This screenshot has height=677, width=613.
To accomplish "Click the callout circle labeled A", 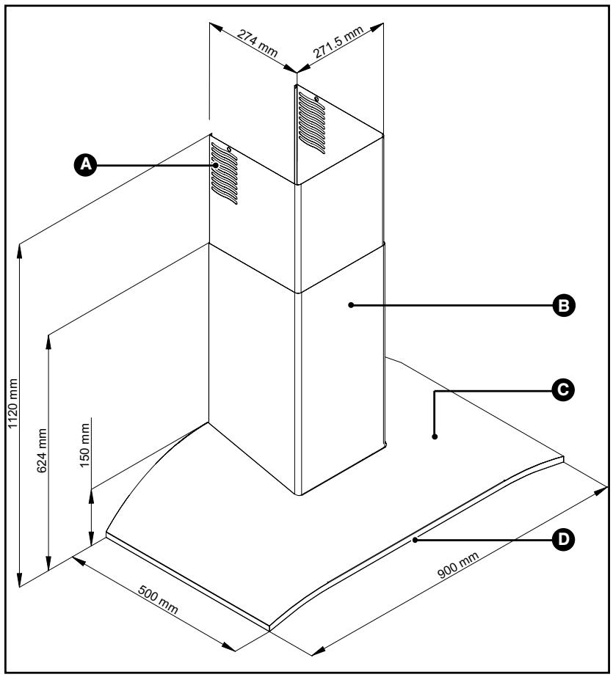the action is click(86, 164).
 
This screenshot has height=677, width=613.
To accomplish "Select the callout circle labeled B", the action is click(565, 306).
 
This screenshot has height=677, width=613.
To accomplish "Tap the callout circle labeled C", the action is click(563, 390).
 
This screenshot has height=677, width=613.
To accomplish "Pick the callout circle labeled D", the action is click(564, 539).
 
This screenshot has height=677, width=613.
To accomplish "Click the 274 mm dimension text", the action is click(258, 43).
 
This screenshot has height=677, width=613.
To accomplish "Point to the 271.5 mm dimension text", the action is click(338, 42).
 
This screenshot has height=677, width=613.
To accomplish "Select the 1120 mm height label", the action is click(13, 403).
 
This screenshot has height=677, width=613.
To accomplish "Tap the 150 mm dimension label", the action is click(84, 444).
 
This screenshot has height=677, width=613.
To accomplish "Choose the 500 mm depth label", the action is click(158, 599).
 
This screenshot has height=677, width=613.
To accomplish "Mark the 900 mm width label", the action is click(458, 565).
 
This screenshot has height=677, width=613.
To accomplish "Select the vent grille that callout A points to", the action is click(224, 174).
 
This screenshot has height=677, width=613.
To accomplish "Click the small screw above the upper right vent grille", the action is click(316, 99).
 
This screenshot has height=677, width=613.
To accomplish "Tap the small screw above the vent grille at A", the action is click(228, 150).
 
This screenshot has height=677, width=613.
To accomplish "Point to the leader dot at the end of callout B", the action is click(351, 305).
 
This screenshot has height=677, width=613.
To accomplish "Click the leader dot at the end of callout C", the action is click(435, 436).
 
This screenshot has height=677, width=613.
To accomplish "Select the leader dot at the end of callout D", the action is click(415, 540).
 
